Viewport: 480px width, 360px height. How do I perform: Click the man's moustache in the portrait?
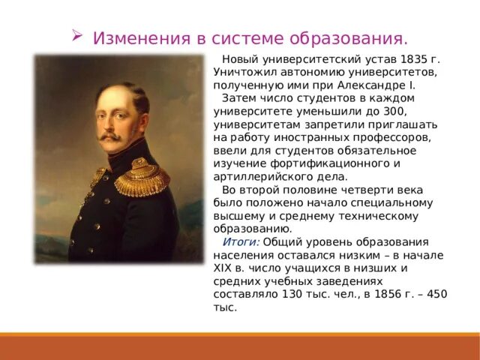click(109, 138)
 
